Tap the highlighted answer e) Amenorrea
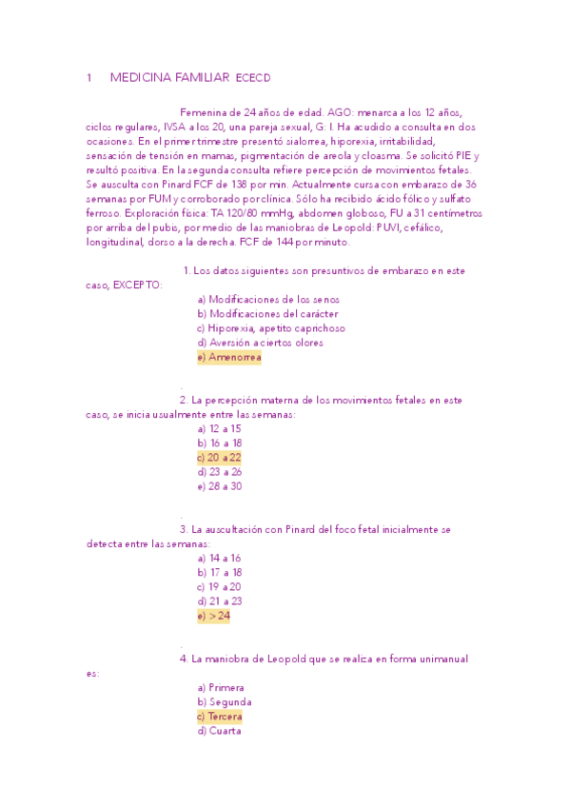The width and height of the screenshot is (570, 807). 229,357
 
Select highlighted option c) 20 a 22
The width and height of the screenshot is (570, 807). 219,457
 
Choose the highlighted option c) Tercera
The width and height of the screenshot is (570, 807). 220,716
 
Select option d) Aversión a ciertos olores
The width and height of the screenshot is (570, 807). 260,343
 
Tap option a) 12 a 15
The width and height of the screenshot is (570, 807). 219,428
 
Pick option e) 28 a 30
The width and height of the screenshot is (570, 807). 219,485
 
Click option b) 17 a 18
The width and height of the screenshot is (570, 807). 219,572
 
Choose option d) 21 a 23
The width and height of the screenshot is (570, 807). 219,600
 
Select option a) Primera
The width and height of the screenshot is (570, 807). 221,687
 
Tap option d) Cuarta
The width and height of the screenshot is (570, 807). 219,731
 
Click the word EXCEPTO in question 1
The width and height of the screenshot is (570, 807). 137,285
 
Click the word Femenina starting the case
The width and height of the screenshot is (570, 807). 204,111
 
